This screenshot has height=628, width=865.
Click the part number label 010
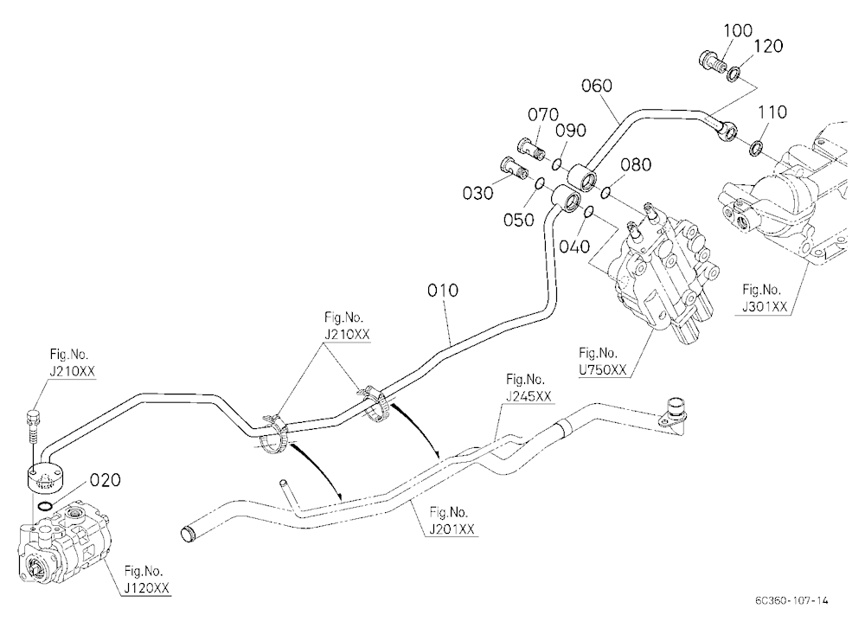tap(442, 291)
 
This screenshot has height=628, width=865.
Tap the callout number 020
tap(105, 480)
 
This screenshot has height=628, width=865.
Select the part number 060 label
tap(597, 86)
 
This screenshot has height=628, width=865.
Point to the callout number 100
tap(738, 30)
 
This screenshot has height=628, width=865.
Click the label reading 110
tap(772, 112)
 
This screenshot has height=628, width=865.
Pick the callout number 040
tap(574, 247)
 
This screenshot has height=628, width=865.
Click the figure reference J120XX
tap(147, 588)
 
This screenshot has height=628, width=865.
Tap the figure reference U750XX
tap(602, 369)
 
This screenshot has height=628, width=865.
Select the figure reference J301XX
tap(765, 306)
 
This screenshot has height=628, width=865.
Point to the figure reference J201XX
tap(452, 529)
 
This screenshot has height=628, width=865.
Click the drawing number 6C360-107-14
tap(791, 600)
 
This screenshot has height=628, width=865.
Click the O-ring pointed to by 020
tap(44, 506)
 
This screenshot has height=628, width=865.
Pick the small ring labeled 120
tap(734, 74)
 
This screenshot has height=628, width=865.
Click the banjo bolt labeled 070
tap(532, 149)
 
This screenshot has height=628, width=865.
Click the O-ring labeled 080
tap(605, 192)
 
